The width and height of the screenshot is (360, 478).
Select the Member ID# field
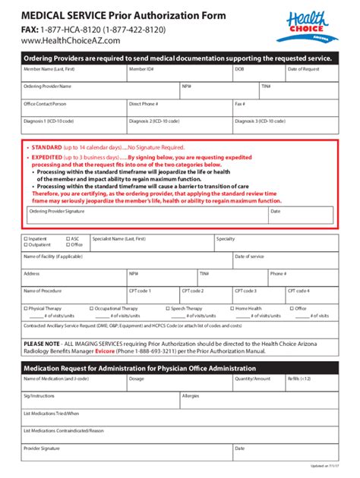click(179, 74)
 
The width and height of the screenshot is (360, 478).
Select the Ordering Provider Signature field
click(144, 216)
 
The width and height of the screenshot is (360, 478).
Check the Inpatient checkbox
click(26, 238)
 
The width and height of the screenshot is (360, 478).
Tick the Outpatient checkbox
click(26, 245)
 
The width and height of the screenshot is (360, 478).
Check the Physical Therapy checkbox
click(26, 309)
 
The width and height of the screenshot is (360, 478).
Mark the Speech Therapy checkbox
click(167, 309)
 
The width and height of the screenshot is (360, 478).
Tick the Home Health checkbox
click(232, 309)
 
